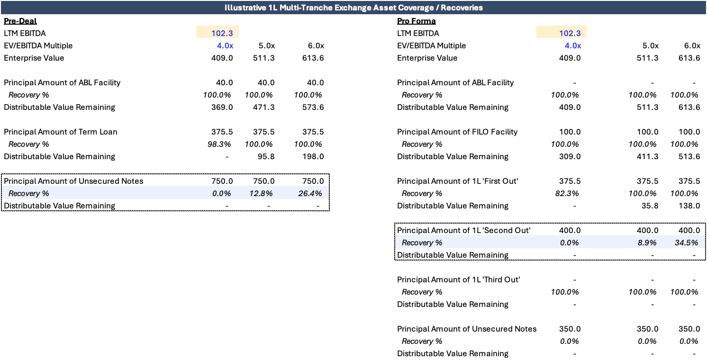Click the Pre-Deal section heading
20,21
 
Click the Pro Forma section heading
417,21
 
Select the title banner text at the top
353,8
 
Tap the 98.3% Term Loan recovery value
219,144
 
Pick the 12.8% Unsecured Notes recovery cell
261,193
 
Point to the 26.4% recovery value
310,193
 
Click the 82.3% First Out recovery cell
567,193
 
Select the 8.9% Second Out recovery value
647,243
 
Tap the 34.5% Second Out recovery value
686,243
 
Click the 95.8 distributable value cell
266,156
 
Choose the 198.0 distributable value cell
313,156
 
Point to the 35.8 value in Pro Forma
650,206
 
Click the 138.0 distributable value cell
689,206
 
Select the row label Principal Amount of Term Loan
60,132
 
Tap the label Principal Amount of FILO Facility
457,132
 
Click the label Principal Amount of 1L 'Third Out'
459,279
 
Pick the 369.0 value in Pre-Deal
222,107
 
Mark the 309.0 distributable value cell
570,156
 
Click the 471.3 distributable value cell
264,107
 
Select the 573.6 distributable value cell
313,107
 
